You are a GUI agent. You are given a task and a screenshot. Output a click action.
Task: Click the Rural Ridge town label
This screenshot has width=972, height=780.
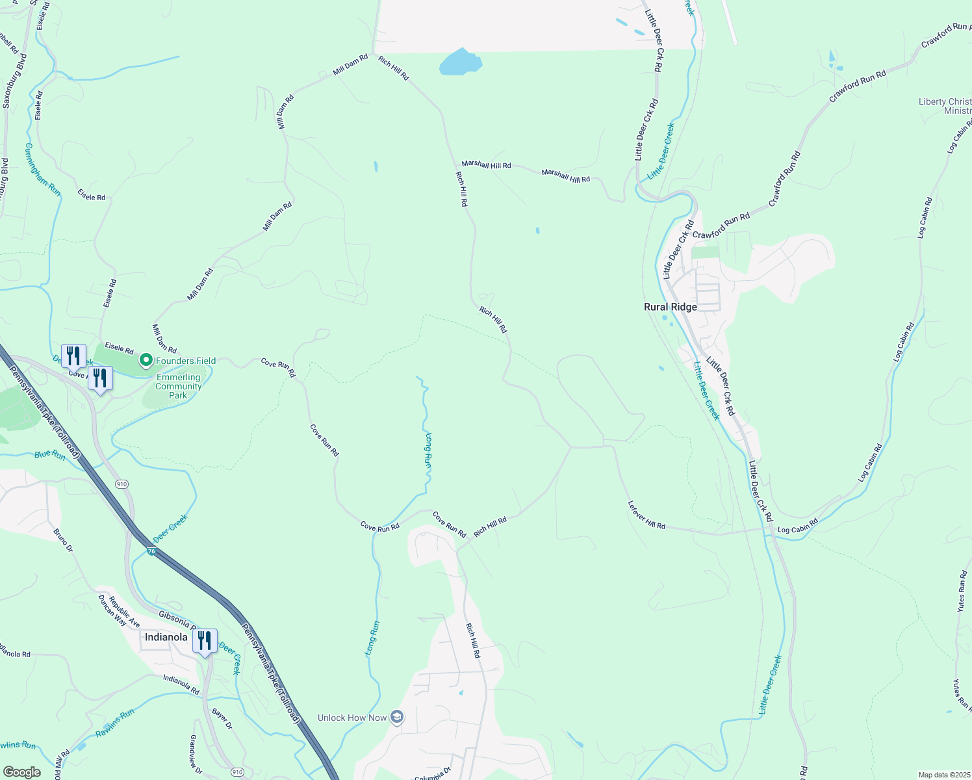point(670,307)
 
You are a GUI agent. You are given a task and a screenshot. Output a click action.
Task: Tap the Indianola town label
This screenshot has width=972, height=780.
point(166,637)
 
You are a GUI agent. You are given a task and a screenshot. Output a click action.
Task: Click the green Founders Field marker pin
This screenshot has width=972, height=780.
point(146,359)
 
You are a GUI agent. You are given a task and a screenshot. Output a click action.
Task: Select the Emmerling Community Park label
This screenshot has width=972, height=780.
point(178,386)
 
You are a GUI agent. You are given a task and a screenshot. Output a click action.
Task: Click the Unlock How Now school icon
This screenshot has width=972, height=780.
point(397,718)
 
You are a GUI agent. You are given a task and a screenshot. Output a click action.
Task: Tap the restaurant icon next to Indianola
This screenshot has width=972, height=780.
point(205,641)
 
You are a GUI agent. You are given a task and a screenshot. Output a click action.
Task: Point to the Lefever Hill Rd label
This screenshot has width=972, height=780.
point(646,515)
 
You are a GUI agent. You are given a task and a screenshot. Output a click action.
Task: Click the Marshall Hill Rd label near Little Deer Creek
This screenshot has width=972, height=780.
point(566,175)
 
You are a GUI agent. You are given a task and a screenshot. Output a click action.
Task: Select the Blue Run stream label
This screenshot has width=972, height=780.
point(50,455)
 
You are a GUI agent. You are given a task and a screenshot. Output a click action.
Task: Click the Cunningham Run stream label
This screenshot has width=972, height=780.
point(42,170)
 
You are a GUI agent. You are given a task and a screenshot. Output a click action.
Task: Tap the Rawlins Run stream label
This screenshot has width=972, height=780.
point(115,723)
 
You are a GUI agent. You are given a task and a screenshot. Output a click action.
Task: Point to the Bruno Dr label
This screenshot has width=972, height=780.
point(63,540)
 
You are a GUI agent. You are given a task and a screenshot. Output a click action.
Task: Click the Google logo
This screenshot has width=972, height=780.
point(21,772)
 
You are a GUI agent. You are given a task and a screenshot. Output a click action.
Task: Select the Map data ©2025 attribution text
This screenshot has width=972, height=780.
point(943,775)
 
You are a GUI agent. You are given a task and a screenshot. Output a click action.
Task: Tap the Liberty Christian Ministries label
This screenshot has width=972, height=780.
point(945,106)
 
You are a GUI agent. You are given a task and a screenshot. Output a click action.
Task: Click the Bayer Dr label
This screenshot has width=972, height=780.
point(221,720)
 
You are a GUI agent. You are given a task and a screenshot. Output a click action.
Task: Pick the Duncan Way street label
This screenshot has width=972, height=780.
point(112,610)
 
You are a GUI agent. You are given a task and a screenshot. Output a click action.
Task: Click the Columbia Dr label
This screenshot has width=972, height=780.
point(433,773)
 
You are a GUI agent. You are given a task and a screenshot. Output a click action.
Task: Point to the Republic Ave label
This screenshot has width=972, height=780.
point(124,612)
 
